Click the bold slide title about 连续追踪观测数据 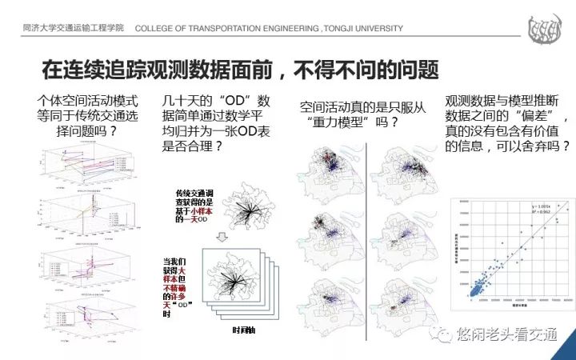[x=240, y=70]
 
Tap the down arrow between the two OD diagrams [x=240, y=232]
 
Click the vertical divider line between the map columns [x=366, y=232]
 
